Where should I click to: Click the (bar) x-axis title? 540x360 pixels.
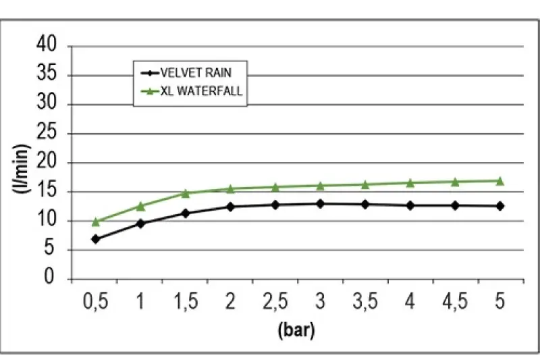(x=296, y=331)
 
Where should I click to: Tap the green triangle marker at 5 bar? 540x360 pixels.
(x=500, y=181)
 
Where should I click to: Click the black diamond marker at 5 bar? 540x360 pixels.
(x=500, y=206)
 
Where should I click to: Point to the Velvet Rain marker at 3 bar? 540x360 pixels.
(x=320, y=203)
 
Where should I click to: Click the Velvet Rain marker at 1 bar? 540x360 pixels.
(x=140, y=223)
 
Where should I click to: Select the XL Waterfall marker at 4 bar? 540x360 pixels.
(x=410, y=183)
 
